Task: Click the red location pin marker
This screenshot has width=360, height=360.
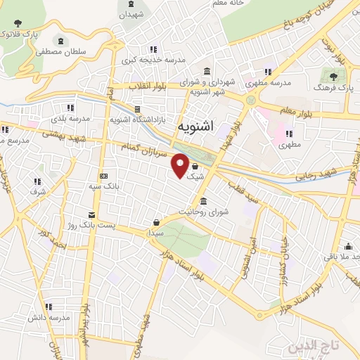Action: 180,166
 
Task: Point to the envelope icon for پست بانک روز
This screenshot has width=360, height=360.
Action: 91,215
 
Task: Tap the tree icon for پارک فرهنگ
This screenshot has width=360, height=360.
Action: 333,76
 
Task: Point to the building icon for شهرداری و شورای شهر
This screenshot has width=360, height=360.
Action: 206,72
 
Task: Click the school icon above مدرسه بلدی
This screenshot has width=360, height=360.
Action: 70,108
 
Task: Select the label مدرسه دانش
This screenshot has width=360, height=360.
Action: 49,318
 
